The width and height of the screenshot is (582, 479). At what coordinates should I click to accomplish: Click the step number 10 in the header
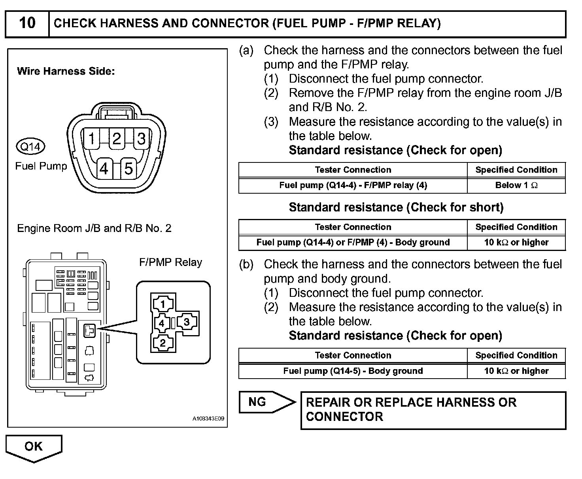click(27, 23)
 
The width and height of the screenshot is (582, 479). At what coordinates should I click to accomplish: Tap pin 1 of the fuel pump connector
click(92, 139)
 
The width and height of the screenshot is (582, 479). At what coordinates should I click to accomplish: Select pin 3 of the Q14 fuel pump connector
click(141, 139)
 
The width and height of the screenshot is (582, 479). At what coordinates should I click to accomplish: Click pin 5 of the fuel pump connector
click(128, 169)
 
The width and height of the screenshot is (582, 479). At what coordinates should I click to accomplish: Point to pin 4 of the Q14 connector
click(104, 169)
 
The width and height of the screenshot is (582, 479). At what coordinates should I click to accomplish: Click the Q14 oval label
click(30, 147)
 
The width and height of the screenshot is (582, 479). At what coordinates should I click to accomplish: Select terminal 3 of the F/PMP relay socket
click(187, 322)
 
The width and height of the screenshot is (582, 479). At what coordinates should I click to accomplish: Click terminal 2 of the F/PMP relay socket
click(163, 343)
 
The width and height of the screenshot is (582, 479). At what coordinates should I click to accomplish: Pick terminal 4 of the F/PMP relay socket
click(161, 323)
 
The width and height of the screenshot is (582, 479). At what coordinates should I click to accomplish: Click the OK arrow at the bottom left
click(34, 447)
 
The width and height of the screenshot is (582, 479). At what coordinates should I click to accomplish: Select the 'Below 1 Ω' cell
click(516, 185)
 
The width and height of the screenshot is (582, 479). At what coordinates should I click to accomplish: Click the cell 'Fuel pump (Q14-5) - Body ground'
click(353, 371)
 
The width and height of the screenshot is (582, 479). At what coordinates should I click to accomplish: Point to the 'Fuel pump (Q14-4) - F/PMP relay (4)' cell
click(353, 185)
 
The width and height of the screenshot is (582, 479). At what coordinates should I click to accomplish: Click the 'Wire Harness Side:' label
click(66, 72)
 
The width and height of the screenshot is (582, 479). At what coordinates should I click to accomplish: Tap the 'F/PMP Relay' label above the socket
click(170, 262)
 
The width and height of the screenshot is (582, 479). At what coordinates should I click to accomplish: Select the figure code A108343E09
click(208, 419)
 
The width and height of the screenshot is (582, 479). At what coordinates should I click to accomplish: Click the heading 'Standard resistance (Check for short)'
click(396, 207)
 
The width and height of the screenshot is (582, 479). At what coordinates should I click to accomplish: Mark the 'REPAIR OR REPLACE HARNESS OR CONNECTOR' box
click(433, 410)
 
